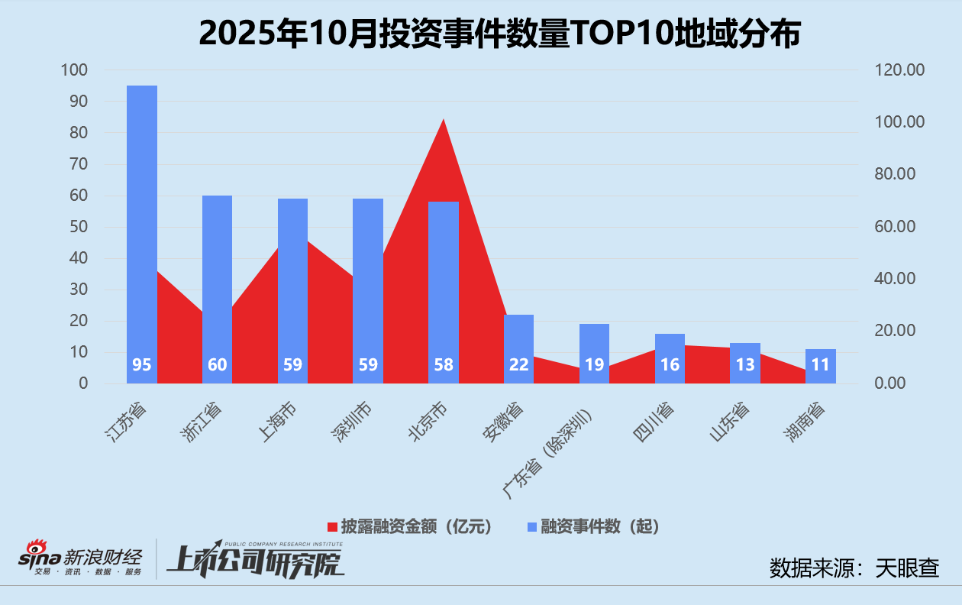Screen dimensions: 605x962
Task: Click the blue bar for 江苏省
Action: tap(142, 229)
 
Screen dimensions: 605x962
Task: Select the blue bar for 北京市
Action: tap(444, 290)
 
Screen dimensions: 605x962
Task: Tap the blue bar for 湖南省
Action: tap(821, 366)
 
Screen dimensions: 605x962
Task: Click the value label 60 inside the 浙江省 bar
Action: tap(218, 364)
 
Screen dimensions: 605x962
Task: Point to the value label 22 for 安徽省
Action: tap(519, 364)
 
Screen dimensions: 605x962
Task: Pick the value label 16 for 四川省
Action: tap(670, 364)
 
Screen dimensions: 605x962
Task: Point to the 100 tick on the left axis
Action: tap(74, 70)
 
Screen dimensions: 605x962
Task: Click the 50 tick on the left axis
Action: tap(78, 227)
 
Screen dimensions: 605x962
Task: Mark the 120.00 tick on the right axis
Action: tap(899, 70)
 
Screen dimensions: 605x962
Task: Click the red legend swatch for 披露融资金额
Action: tap(332, 527)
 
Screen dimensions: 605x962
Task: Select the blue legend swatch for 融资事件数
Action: tap(532, 527)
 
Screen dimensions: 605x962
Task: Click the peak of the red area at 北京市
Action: tap(444, 120)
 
